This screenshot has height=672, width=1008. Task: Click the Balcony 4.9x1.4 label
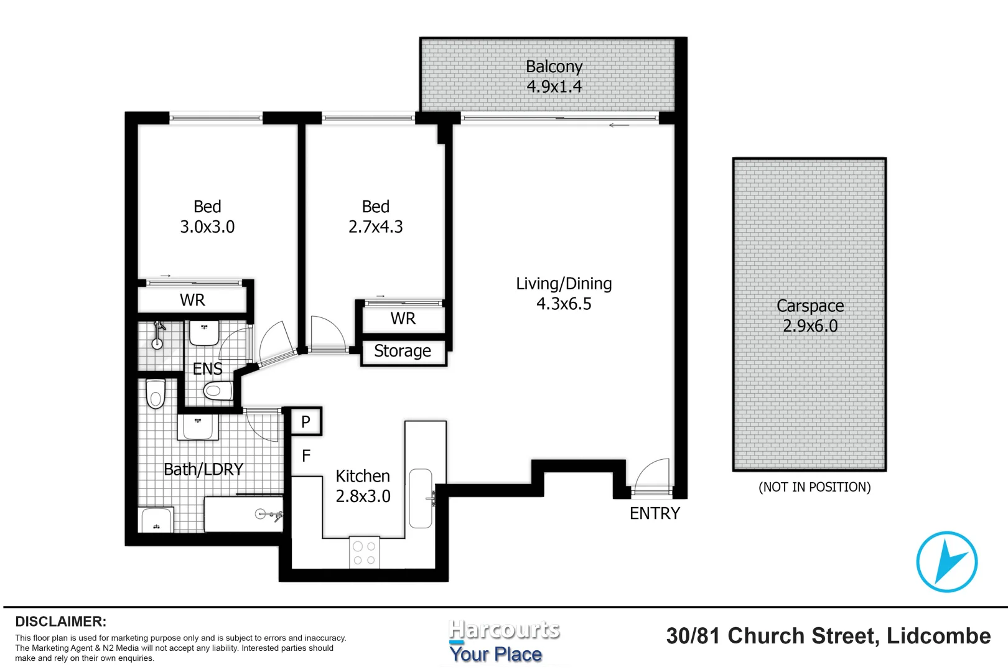[554, 77]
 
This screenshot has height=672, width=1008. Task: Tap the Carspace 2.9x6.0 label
[810, 315]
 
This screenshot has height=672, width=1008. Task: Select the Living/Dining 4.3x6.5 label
[564, 294]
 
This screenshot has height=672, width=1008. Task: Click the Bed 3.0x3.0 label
[207, 217]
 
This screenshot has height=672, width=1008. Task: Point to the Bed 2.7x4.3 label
[375, 217]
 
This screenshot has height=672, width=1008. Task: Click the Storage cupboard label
[403, 352]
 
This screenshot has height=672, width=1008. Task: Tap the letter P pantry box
[306, 422]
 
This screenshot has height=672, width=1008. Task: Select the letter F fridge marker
[306, 456]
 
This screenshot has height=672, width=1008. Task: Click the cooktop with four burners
[364, 553]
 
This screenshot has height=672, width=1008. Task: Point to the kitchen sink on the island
[421, 498]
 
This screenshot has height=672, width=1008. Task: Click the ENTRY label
[655, 513]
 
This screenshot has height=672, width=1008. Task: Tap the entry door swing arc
[653, 474]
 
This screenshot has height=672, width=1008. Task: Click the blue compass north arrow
[946, 562]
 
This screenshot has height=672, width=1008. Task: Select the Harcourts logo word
[504, 630]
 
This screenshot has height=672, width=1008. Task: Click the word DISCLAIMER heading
[60, 622]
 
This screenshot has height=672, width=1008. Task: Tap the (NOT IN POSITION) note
[814, 487]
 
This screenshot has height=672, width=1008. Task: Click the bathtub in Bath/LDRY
[243, 514]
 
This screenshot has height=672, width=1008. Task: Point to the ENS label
[207, 369]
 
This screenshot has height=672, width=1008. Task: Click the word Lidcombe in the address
[938, 637]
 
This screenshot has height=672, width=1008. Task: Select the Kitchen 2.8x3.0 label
[363, 486]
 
